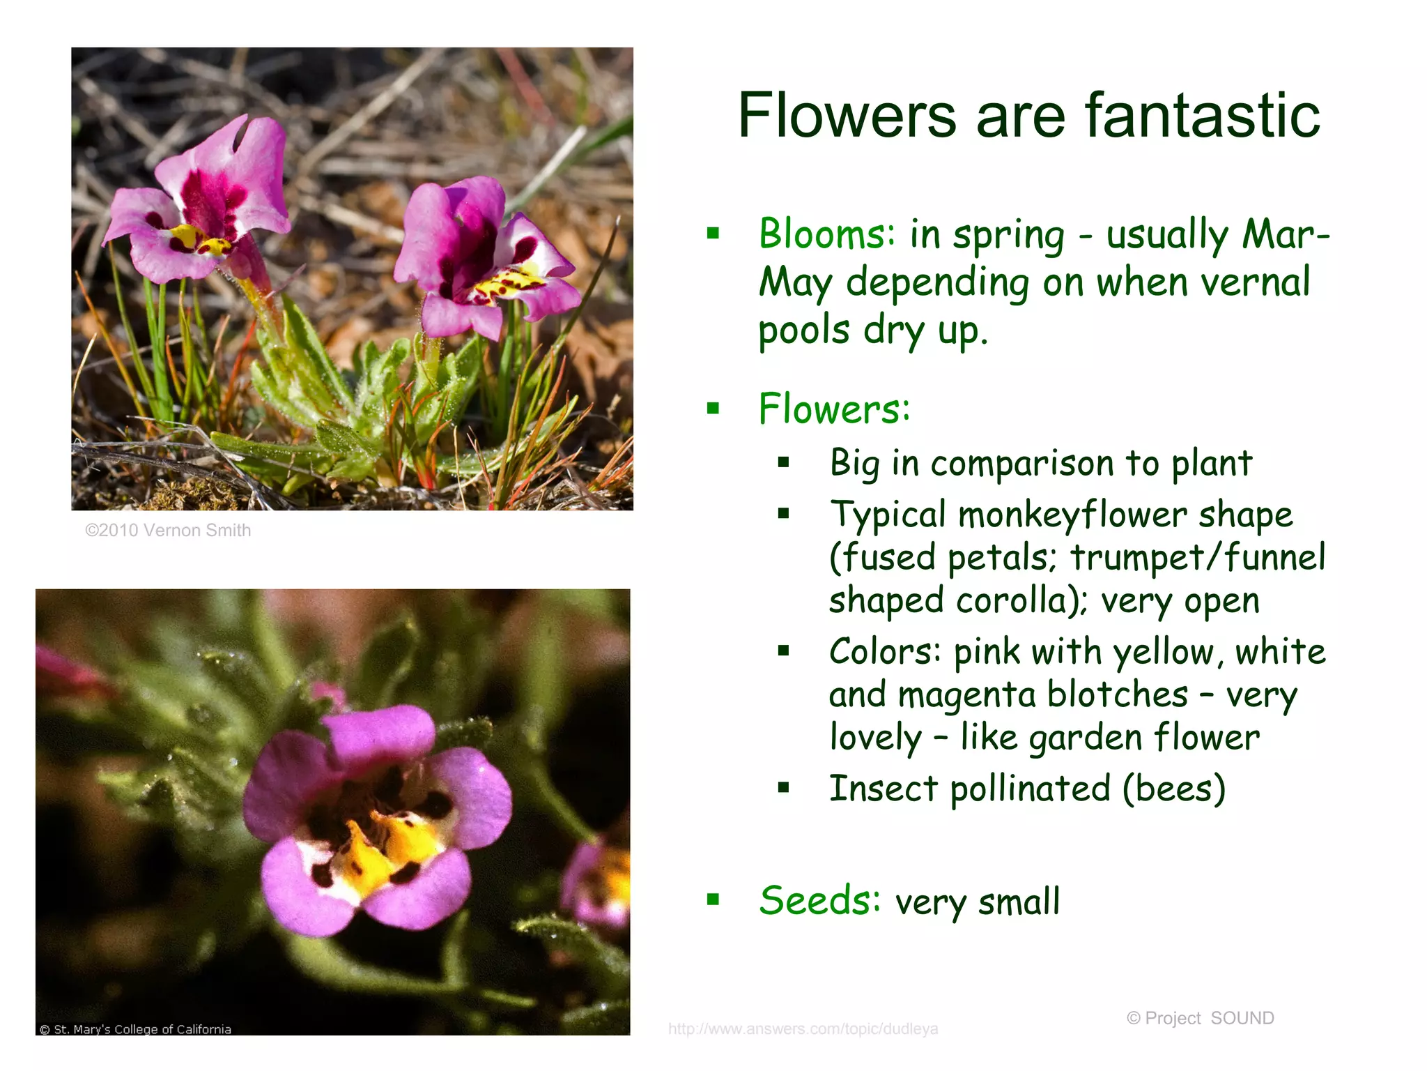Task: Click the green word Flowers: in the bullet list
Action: (x=834, y=409)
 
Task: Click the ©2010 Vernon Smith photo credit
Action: (x=168, y=531)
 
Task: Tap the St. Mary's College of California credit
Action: (x=136, y=1029)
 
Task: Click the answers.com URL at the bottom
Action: (x=803, y=1029)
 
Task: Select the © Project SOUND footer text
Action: (x=1200, y=1018)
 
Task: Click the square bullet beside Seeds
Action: (x=713, y=899)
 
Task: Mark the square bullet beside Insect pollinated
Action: (x=784, y=789)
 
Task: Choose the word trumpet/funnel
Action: (x=1197, y=558)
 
